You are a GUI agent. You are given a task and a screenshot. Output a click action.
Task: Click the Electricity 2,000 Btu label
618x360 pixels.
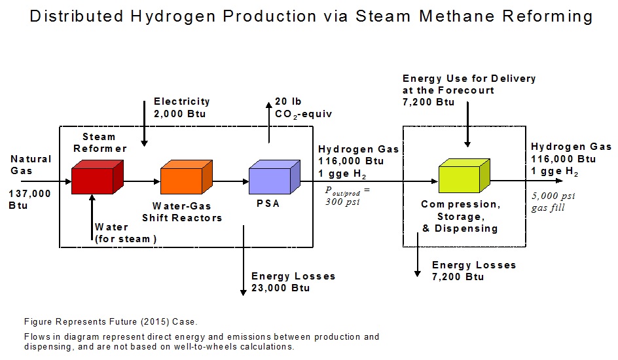(x=181, y=107)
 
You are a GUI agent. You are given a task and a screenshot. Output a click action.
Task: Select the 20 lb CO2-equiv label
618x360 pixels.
(x=304, y=108)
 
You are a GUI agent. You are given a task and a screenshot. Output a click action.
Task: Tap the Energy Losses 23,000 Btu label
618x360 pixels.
(x=293, y=282)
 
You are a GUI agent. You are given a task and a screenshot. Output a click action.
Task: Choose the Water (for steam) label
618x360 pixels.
(x=125, y=233)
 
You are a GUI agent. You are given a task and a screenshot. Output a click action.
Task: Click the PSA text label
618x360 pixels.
(x=268, y=204)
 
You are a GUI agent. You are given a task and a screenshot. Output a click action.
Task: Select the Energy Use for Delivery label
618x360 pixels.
(x=469, y=90)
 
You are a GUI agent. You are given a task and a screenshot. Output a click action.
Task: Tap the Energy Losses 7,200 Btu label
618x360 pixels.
(x=474, y=271)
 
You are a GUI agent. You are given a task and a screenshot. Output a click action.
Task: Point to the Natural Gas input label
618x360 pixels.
(x=31, y=164)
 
